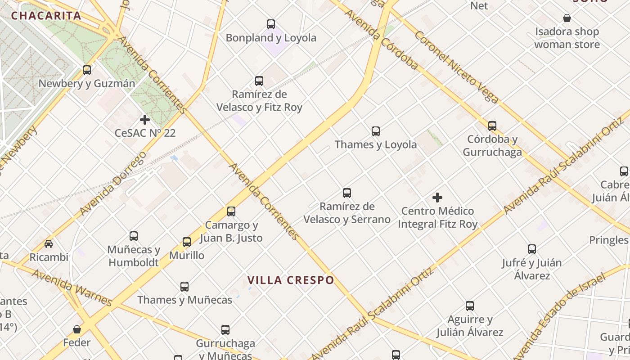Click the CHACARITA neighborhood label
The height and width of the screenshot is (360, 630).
point(46,16)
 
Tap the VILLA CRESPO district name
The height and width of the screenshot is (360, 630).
point(291,280)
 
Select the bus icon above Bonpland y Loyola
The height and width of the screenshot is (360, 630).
point(271,24)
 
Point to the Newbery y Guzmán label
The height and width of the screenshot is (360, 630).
point(87,84)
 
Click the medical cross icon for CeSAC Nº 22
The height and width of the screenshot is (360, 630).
point(145,120)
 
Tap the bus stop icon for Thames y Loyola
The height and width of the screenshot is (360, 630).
point(376,131)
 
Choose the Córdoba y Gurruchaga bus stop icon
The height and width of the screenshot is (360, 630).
point(492,126)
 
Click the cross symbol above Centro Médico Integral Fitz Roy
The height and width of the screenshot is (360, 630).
point(437,198)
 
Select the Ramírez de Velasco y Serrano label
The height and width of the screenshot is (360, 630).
point(347,213)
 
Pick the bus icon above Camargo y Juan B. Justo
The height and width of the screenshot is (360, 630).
point(231,211)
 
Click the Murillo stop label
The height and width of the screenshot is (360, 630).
point(187,256)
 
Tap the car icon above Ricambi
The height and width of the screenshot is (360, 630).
point(49,244)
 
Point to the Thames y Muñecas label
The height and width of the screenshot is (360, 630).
point(184,300)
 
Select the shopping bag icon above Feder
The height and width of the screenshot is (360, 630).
point(77,329)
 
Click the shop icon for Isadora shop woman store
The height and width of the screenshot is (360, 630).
point(567,18)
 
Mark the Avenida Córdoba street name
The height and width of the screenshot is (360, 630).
point(382,40)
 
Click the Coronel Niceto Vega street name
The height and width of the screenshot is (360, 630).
point(456,67)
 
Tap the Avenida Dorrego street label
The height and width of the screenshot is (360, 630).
point(113,183)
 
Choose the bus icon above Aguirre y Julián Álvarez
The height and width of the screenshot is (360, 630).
point(470,306)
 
